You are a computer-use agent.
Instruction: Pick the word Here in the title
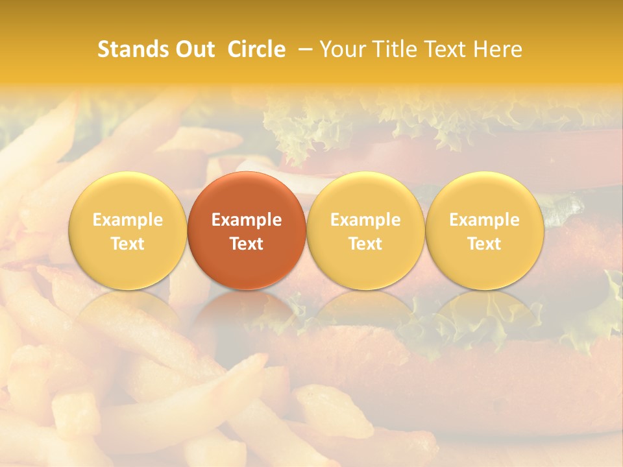coord(498,49)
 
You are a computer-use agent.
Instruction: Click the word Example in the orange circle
coord(247,220)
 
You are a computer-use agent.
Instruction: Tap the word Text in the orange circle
coord(247,244)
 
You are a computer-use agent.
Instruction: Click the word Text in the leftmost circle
coord(128,244)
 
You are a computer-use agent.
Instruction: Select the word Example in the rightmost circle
coord(484,220)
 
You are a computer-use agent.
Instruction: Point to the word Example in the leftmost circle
coord(128,220)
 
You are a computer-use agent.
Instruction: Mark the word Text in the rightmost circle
coord(484,244)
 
